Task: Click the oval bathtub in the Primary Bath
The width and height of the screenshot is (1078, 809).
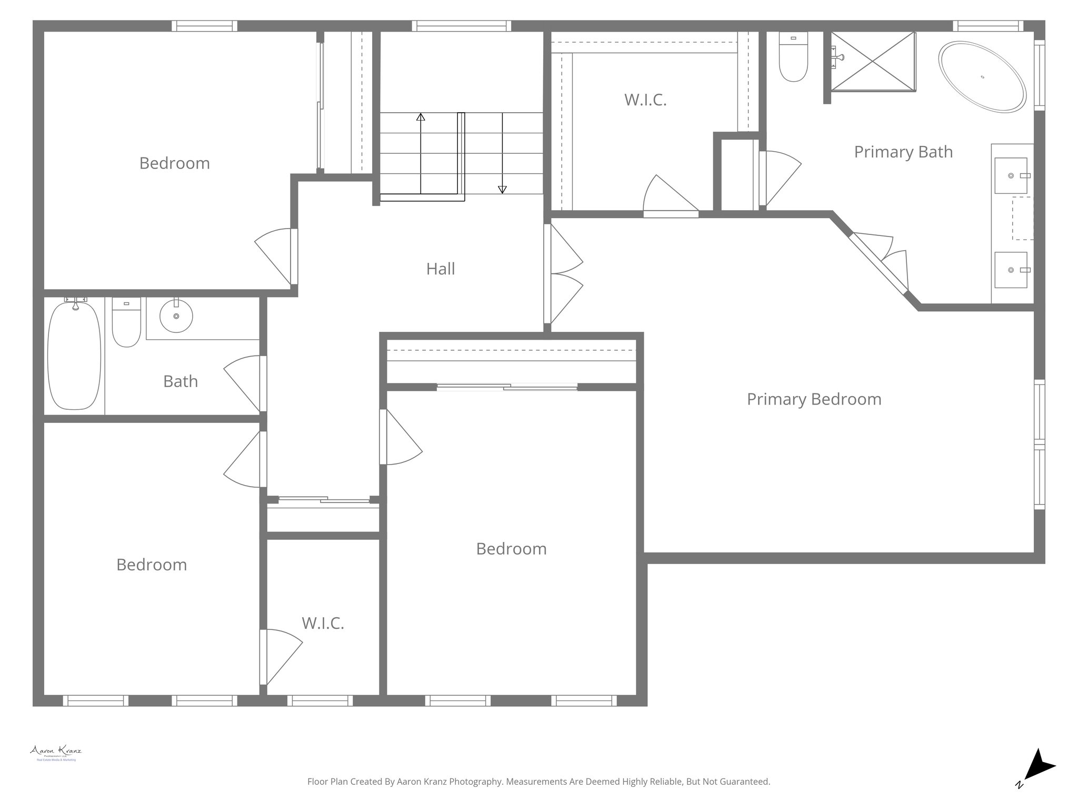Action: (x=982, y=77)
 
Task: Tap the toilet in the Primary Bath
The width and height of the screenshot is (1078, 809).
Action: (x=793, y=58)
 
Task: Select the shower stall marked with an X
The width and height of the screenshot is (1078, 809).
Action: (x=873, y=62)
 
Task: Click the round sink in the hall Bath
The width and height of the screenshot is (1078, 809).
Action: (x=176, y=316)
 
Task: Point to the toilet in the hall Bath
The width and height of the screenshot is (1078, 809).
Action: (x=126, y=322)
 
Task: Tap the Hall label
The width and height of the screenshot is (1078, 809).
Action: (x=440, y=269)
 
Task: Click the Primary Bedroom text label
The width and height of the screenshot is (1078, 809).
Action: (x=814, y=399)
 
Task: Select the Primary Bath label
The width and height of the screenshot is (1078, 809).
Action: (x=903, y=152)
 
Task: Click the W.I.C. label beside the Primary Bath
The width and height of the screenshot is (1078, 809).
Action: (x=645, y=100)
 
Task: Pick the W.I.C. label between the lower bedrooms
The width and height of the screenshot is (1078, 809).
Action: (x=323, y=624)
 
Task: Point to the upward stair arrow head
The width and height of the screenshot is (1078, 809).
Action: (x=421, y=117)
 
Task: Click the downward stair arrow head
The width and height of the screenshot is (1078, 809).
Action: (x=502, y=189)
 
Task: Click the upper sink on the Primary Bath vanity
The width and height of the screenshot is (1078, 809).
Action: (x=1011, y=175)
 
